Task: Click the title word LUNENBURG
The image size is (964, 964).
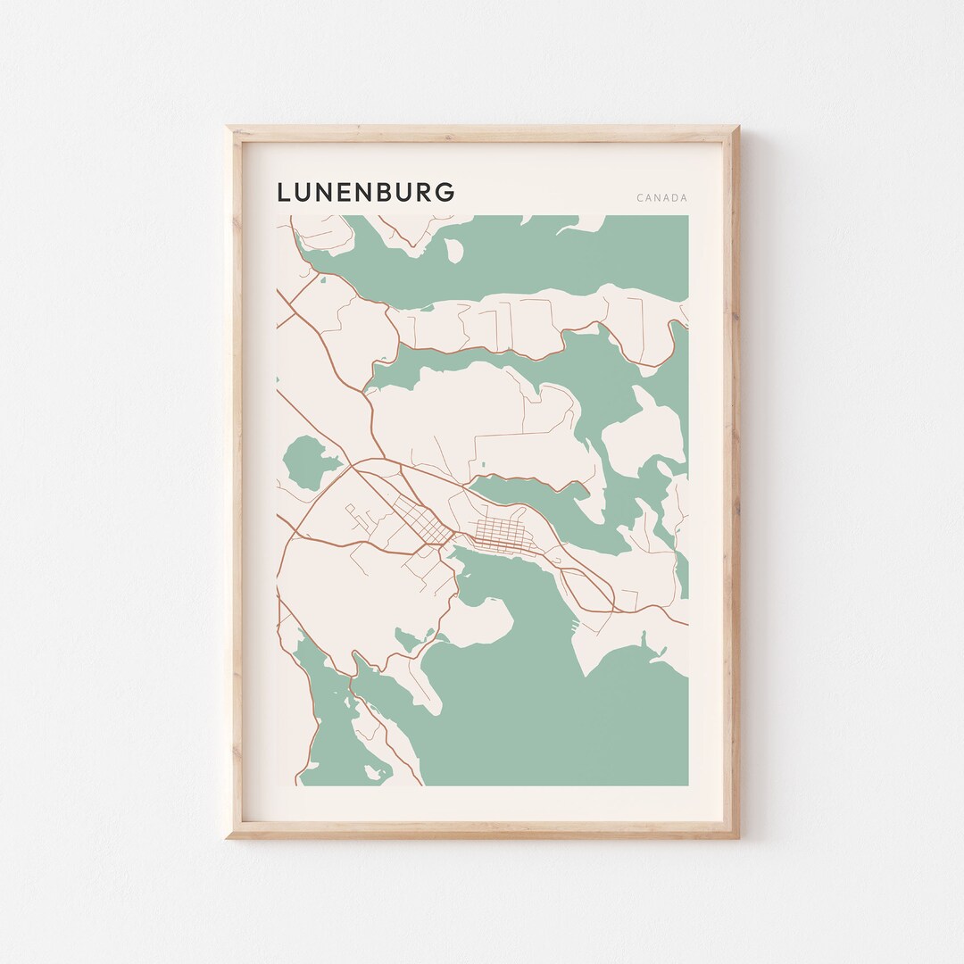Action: [x=366, y=192]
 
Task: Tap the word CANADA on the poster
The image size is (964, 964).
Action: [x=662, y=198]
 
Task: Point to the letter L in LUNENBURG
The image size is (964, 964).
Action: [x=284, y=192]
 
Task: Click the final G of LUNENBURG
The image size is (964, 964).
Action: [x=445, y=192]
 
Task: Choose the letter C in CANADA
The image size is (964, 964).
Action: [x=640, y=198]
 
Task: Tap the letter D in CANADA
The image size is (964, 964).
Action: [x=675, y=198]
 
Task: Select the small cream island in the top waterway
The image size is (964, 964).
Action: [x=454, y=251]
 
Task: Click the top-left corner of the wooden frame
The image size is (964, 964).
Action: [x=229, y=129]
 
